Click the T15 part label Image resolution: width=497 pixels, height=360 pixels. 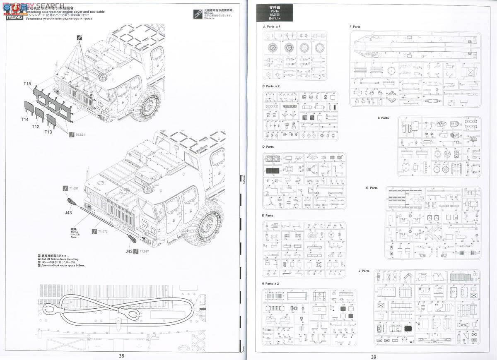click(27, 84)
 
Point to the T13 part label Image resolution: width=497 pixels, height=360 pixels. click(48, 132)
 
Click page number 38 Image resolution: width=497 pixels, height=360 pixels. click(121, 355)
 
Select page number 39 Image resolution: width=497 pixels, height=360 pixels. click(374, 356)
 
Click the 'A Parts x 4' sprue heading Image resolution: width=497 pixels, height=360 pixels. click(272, 26)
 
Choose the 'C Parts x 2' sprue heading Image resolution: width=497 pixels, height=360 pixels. click(271, 86)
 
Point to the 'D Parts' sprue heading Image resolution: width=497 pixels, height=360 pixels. click(268, 146)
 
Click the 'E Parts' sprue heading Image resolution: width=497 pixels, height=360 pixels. click(268, 216)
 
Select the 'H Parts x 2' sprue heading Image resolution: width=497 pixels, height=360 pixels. click(270, 283)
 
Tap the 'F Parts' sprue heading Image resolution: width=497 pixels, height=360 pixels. click(355, 26)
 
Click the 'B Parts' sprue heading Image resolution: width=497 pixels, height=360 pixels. click(383, 118)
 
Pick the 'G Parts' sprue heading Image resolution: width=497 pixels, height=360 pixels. click(372, 188)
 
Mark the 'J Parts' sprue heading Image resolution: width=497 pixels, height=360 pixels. click(364, 271)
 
